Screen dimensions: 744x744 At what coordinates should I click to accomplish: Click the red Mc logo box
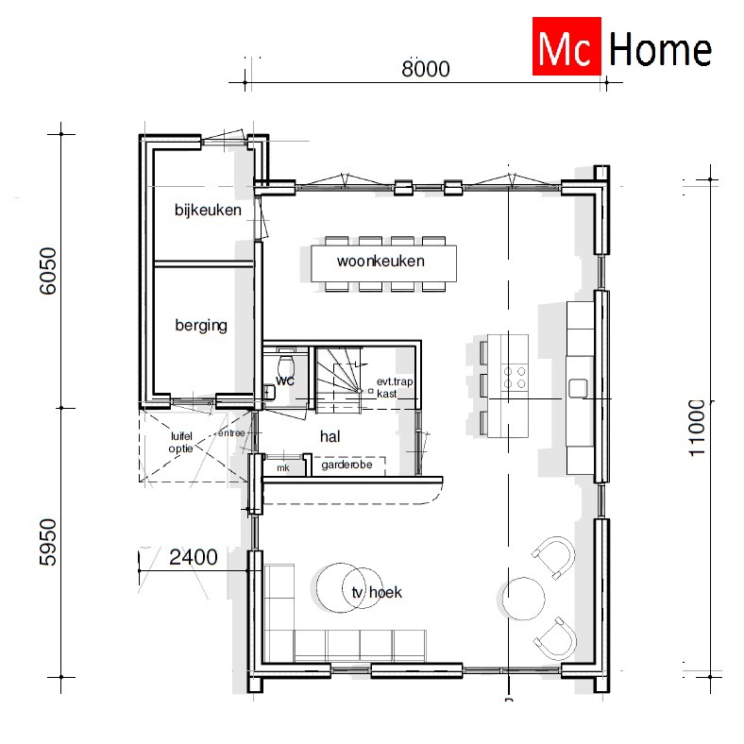(566, 47)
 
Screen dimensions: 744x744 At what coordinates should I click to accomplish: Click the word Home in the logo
(660, 49)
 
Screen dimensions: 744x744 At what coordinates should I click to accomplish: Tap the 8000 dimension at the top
(425, 69)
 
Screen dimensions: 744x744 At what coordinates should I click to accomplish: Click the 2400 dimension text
(193, 558)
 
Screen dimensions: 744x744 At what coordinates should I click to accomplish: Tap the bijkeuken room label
(208, 210)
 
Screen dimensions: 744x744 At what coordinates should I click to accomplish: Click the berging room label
(201, 326)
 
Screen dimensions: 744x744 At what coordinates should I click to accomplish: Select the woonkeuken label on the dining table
(380, 262)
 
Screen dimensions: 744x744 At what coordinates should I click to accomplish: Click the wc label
(285, 380)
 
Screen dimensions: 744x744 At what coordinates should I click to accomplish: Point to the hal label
(330, 436)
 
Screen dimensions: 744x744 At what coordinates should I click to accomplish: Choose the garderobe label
(347, 465)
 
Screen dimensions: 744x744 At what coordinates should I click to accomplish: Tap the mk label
(282, 467)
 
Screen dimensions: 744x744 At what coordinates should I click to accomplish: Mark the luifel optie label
(181, 443)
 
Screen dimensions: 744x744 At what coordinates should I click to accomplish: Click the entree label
(231, 433)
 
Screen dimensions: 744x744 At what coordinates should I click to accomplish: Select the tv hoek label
(376, 592)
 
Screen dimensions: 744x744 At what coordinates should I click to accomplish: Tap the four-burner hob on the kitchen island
(516, 377)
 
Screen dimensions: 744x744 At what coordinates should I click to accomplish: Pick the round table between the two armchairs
(521, 597)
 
